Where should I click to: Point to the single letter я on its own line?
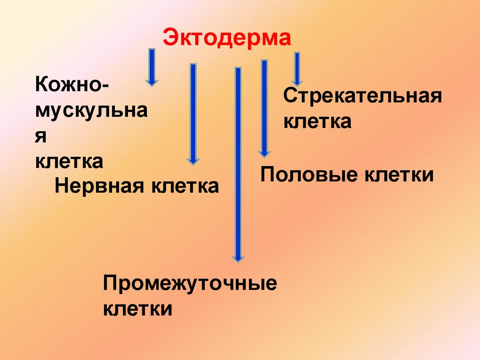pyautogui.click(x=41, y=137)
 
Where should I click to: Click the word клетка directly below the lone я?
pyautogui.click(x=69, y=161)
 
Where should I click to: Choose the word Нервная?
pyautogui.click(x=99, y=186)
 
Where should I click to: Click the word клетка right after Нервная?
pyautogui.click(x=185, y=186)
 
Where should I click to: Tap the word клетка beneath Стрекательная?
pyautogui.click(x=317, y=122)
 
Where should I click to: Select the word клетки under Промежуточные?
pyautogui.click(x=137, y=309)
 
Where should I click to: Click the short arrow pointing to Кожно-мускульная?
pyautogui.click(x=151, y=67)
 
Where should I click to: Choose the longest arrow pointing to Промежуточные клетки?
pyautogui.click(x=238, y=164)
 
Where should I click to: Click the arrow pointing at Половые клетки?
pyautogui.click(x=264, y=108)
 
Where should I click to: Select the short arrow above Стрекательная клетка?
pyautogui.click(x=296, y=68)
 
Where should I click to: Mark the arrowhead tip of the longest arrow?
pyautogui.click(x=238, y=259)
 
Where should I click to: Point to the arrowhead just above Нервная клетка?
pyautogui.click(x=192, y=161)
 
